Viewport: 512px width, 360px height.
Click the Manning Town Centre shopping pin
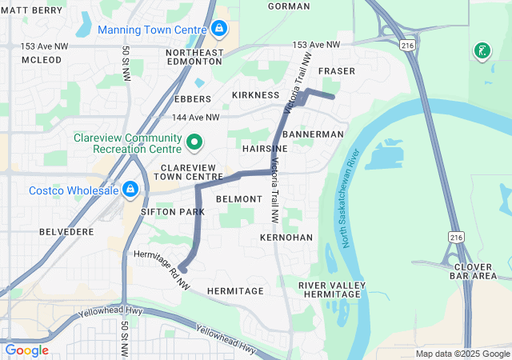(218, 30)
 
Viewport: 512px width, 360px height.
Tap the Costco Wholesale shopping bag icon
(129, 190)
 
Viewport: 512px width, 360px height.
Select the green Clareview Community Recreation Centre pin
(194, 143)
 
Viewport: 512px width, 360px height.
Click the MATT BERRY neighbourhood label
(31, 10)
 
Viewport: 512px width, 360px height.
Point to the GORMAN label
(289, 6)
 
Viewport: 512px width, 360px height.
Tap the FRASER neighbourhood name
(336, 71)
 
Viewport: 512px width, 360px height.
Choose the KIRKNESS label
(255, 95)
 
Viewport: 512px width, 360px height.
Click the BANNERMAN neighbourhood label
(313, 134)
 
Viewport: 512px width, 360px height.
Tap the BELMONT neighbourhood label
(239, 198)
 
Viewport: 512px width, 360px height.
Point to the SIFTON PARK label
(172, 212)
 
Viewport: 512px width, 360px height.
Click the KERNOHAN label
(286, 238)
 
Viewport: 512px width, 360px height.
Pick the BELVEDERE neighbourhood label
(66, 231)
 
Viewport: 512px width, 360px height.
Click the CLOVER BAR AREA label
(474, 270)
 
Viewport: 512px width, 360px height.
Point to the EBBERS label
(192, 99)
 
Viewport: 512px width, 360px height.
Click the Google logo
(26, 350)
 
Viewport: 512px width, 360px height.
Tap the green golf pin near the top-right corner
(482, 51)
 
